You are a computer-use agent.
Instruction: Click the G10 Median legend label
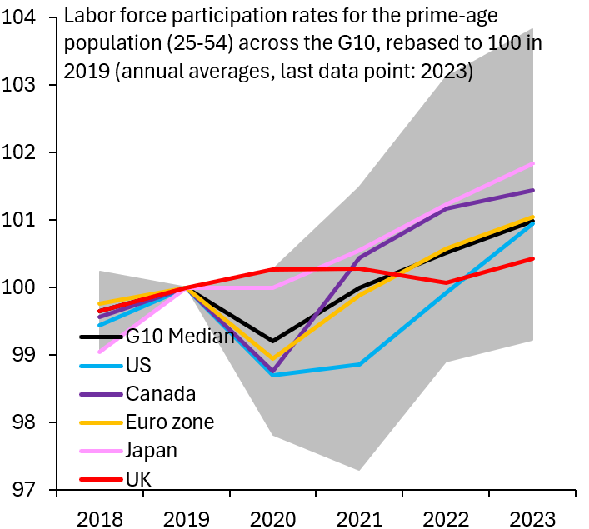(x=180, y=337)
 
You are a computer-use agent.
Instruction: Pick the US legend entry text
(x=138, y=365)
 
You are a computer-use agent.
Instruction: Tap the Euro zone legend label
(x=170, y=422)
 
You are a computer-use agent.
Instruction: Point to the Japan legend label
(x=152, y=451)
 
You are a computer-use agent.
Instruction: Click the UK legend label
(x=138, y=479)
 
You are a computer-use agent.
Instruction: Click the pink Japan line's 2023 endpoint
(x=533, y=163)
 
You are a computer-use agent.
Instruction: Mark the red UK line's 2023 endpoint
(x=533, y=258)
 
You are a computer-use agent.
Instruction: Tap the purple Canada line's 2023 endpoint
(x=533, y=191)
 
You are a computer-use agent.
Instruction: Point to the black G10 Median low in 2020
(x=272, y=342)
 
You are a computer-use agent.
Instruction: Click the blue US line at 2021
(x=359, y=364)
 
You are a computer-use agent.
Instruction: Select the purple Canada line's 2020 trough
(x=272, y=371)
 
